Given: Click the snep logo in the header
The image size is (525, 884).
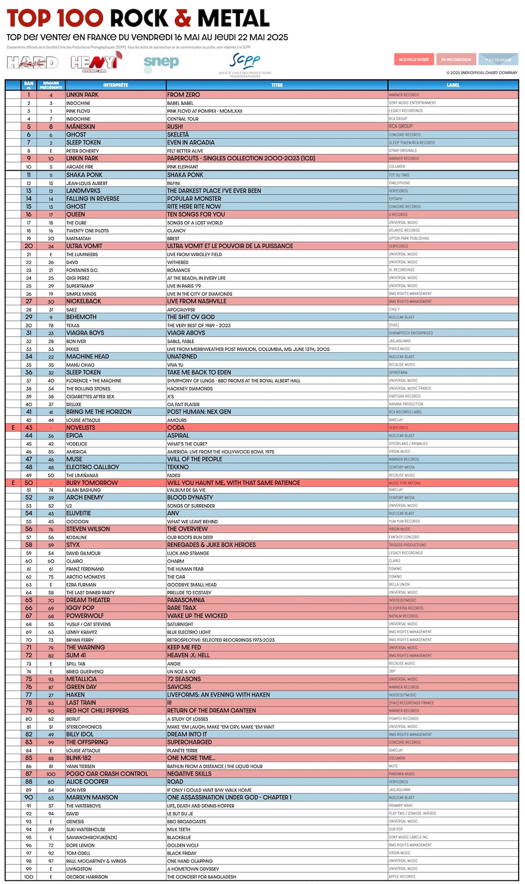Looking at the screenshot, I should [161, 62].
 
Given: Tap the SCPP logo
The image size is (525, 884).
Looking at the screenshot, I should [245, 62].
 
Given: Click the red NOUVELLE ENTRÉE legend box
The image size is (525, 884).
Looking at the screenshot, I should [414, 59].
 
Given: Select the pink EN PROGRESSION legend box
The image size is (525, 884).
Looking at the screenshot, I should [456, 59].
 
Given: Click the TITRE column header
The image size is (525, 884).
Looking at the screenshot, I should [277, 85].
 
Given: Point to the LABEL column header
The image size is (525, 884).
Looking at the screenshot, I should [453, 85].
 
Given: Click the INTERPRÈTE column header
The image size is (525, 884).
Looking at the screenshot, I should [115, 85].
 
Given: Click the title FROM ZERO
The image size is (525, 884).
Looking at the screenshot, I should [183, 95].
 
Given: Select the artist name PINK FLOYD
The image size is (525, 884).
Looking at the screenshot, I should [78, 111].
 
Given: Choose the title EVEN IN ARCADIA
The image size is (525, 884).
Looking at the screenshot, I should [191, 142].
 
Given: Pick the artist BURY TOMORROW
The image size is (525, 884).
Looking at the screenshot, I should [92, 483].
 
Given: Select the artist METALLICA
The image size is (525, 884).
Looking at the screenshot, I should [81, 679].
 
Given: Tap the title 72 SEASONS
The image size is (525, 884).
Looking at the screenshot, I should [184, 679].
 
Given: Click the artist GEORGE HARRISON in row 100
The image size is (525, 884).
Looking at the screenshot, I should [87, 877].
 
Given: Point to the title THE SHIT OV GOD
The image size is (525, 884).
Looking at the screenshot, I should [191, 317].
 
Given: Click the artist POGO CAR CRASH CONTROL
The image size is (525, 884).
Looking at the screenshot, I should [107, 774].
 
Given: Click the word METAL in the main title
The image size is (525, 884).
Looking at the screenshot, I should [233, 19].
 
